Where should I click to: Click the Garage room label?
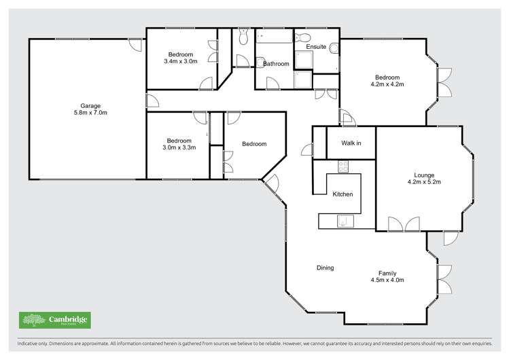click(90, 105)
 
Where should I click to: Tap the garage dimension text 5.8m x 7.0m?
click(90, 113)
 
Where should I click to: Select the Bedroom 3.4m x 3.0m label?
click(181, 54)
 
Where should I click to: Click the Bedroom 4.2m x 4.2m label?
click(387, 77)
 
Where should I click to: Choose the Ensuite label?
click(316, 47)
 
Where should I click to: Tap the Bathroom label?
click(276, 64)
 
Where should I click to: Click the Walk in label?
click(351, 143)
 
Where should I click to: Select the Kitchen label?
click(342, 194)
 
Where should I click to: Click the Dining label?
click(325, 268)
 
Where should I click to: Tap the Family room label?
click(387, 273)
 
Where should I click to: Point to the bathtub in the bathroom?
click(275, 37)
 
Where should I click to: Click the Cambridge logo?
click(54, 320)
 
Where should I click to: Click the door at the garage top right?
click(136, 46)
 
